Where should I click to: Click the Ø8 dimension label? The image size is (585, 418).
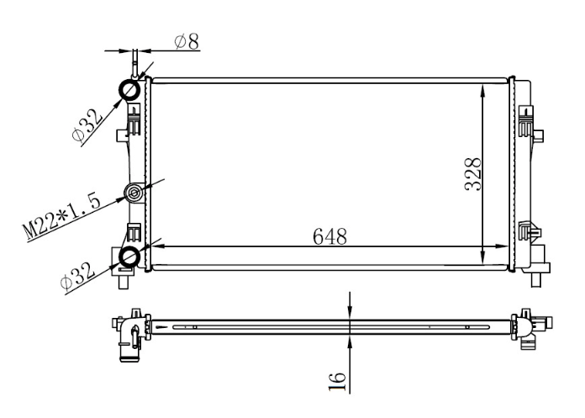(187, 41)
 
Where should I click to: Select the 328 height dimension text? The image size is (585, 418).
(473, 174)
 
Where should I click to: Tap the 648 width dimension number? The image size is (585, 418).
(329, 236)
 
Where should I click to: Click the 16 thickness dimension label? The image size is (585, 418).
(337, 382)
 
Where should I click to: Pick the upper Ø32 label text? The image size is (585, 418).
(87, 126)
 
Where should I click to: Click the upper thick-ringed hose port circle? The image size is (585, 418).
(129, 90)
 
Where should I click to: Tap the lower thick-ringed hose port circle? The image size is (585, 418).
(129, 257)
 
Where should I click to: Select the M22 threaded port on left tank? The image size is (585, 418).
(134, 193)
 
